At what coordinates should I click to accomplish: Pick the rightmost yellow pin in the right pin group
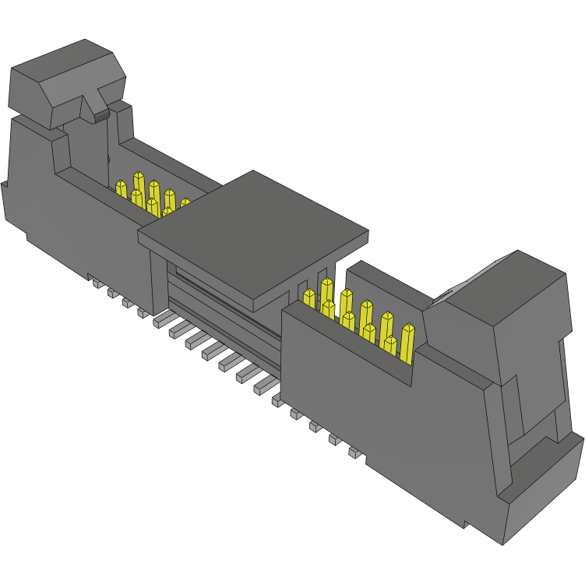click(x=407, y=341)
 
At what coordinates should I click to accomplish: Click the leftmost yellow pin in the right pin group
click(x=309, y=301)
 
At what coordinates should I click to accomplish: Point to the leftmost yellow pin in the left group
click(x=121, y=190)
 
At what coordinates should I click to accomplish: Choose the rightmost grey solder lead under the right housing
click(x=354, y=453)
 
